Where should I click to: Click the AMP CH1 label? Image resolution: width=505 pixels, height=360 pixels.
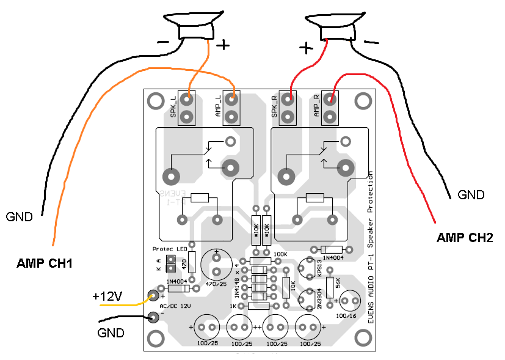(45, 264)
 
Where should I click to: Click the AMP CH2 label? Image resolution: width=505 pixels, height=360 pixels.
(465, 237)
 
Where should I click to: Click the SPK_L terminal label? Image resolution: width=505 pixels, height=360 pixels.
(173, 108)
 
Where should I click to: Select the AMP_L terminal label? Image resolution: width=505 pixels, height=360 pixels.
(217, 108)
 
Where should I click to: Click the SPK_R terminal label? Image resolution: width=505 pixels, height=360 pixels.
(275, 108)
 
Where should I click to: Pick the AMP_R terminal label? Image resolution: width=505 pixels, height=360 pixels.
(316, 108)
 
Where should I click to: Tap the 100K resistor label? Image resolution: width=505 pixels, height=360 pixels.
(280, 254)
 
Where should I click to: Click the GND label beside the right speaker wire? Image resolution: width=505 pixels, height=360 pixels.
(471, 196)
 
